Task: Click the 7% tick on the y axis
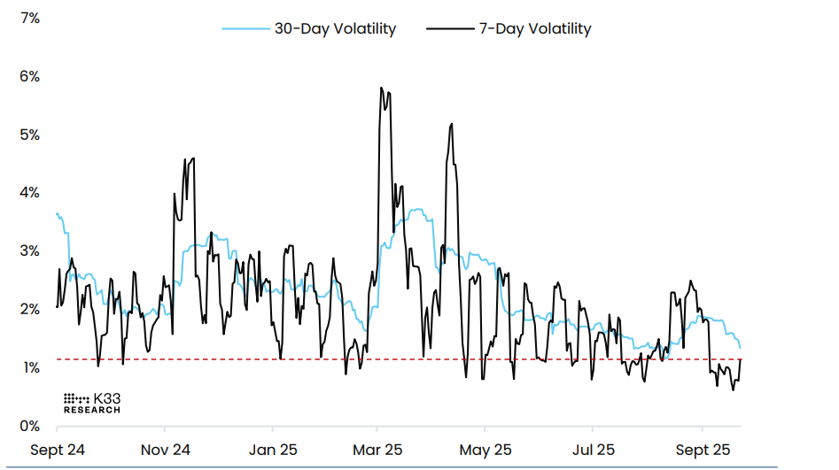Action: (29, 18)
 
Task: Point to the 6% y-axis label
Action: (29, 76)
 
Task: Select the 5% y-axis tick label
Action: (29, 135)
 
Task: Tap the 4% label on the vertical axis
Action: (29, 193)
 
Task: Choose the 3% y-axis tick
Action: (29, 250)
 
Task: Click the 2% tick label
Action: (29, 309)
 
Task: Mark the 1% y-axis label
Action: (29, 367)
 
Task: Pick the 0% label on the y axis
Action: (29, 426)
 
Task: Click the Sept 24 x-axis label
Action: (58, 450)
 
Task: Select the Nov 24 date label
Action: (166, 450)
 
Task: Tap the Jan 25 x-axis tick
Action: (272, 450)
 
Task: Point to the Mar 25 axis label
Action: (377, 450)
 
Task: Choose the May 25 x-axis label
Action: (486, 450)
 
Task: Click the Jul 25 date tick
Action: (592, 450)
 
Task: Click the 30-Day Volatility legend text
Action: (335, 28)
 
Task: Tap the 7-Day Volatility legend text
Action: (534, 28)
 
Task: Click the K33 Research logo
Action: (91, 404)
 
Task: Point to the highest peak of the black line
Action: (381, 88)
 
